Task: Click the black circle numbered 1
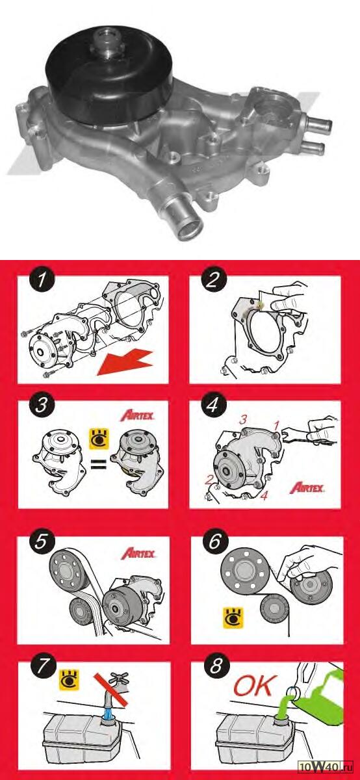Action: [x=42, y=280]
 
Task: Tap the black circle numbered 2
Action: [x=213, y=280]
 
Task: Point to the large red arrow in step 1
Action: [x=125, y=363]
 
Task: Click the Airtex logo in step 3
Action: [x=138, y=415]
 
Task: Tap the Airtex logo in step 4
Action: [x=307, y=487]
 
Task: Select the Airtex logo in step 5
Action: [x=138, y=553]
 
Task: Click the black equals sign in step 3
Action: [x=99, y=465]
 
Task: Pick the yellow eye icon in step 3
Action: [x=99, y=439]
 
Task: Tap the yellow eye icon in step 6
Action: [x=233, y=618]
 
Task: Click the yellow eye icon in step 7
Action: [x=70, y=679]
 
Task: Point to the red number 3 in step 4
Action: [x=243, y=420]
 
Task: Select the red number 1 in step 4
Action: [x=276, y=425]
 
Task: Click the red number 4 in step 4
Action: [x=264, y=495]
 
